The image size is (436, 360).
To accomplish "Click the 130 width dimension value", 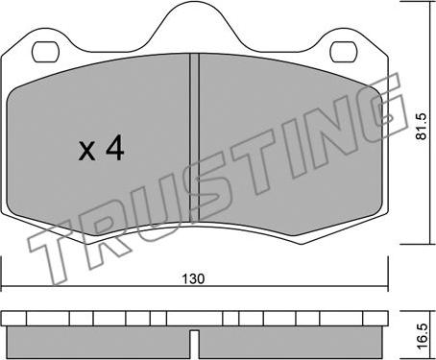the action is coord(193,278).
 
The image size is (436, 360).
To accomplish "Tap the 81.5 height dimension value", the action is coord(422,126).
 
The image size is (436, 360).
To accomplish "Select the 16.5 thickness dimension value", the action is coord(422,337).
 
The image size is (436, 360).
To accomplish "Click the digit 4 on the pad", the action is coord(115,148).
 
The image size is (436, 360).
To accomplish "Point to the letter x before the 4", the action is coord(86,151).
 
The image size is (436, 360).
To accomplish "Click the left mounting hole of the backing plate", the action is coord(46,52).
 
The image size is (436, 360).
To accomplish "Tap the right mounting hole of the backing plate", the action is coord(344,52).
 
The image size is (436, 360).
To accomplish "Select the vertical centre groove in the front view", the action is coord(195,137).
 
